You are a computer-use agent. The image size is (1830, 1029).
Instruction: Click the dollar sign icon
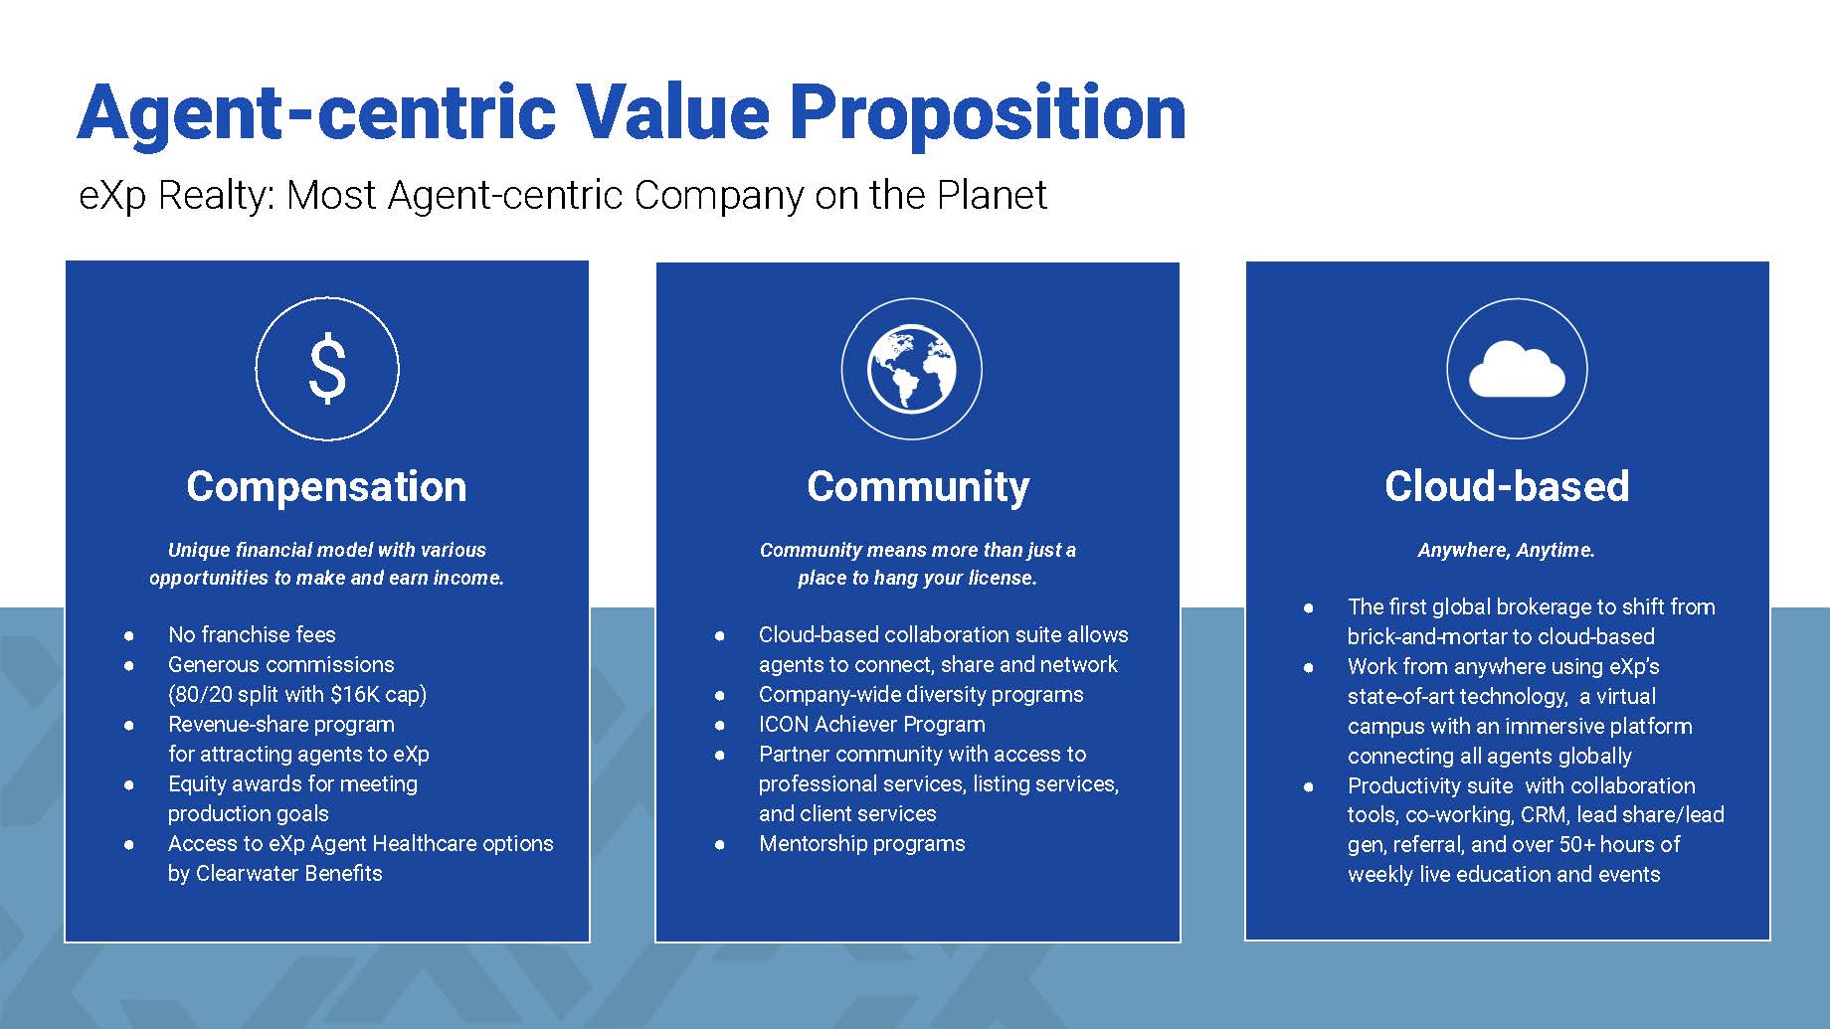click(x=327, y=369)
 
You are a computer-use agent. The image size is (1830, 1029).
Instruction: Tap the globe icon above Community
click(x=912, y=370)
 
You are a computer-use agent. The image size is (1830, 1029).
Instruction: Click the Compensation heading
click(x=326, y=486)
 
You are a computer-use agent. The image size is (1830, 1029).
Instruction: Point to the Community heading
click(x=918, y=487)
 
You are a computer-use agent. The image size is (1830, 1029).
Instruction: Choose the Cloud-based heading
click(x=1507, y=486)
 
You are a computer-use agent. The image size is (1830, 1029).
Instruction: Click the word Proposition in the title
click(x=988, y=113)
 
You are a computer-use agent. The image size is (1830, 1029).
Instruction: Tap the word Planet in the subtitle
click(x=992, y=195)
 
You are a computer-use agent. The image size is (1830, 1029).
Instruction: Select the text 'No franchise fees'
click(x=252, y=634)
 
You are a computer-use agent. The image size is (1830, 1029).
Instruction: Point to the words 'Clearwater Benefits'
click(x=289, y=873)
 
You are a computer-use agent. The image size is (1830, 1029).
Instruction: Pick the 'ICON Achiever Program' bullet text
click(x=872, y=724)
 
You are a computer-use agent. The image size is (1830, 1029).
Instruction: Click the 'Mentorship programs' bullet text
click(x=862, y=844)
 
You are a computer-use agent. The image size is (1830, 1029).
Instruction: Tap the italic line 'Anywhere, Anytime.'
click(x=1506, y=550)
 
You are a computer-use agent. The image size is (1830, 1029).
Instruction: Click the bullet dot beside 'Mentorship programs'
click(x=719, y=845)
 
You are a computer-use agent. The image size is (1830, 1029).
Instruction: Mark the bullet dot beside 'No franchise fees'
click(x=129, y=635)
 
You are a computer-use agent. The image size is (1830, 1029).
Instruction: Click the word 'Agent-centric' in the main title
click(x=317, y=113)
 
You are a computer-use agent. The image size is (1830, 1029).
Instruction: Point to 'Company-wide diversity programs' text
click(x=921, y=694)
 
